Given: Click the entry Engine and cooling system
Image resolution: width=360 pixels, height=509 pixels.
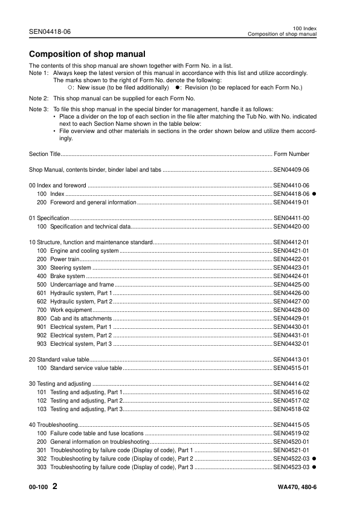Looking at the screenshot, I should coord(84,251).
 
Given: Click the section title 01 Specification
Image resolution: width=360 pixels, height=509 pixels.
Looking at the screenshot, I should coord(49,218).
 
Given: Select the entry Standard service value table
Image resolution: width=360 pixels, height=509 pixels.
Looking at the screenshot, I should coord(86,367).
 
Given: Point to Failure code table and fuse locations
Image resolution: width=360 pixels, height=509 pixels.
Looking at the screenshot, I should coord(97,433).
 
